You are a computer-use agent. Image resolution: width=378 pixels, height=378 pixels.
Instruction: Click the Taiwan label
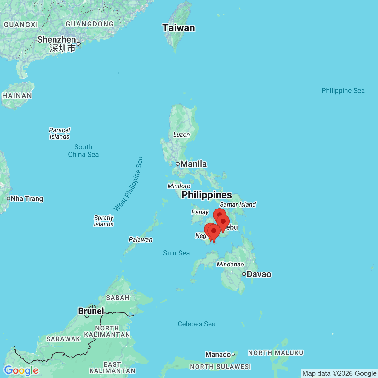click(179, 28)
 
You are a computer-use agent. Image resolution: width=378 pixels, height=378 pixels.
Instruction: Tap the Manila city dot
click(178, 164)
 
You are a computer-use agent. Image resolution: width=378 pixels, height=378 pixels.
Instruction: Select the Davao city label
click(259, 274)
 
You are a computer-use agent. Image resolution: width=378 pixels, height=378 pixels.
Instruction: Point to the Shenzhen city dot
click(79, 44)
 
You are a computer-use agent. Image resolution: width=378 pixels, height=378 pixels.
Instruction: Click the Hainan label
click(17, 96)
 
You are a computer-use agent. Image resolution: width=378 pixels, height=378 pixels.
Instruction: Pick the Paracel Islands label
click(60, 133)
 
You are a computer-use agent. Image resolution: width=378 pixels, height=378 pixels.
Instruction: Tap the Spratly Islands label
click(104, 221)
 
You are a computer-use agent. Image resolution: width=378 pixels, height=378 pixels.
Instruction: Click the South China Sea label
click(83, 151)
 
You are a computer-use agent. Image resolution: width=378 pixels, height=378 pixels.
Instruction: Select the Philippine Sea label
click(343, 91)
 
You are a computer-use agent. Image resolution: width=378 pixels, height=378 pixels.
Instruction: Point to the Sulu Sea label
click(176, 253)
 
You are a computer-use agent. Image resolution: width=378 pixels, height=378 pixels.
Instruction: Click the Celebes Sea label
click(197, 324)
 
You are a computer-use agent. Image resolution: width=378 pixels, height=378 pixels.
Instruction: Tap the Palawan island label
click(140, 239)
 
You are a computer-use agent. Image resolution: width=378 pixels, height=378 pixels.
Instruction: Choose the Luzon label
click(181, 135)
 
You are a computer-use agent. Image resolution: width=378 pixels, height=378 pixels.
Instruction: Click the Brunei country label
click(91, 311)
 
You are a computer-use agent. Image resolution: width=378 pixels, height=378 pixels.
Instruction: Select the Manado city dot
click(233, 354)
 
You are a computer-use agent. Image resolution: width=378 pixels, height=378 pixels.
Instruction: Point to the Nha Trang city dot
click(9, 198)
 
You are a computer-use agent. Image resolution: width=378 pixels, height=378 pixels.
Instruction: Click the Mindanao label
click(230, 265)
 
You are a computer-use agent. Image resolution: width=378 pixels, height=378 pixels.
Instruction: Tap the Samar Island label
click(238, 205)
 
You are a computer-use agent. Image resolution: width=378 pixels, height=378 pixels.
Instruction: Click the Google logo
click(21, 370)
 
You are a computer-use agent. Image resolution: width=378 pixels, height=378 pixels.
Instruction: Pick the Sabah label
click(118, 298)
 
